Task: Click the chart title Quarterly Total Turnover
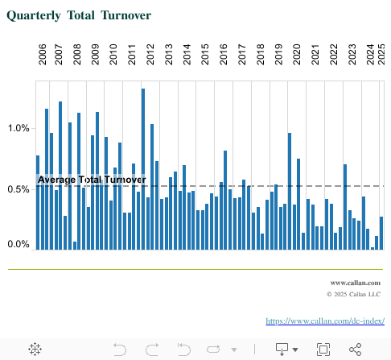tap(79, 15)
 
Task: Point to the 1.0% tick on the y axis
tap(18, 128)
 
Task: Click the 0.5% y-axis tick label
tap(18, 189)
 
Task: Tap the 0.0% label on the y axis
tap(18, 244)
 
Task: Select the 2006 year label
tap(43, 55)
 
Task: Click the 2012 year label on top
tap(150, 55)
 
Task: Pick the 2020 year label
tap(296, 55)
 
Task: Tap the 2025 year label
tap(381, 55)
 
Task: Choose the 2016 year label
tap(224, 55)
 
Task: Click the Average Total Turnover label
tap(92, 180)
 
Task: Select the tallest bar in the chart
tap(143, 168)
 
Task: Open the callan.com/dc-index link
tap(325, 321)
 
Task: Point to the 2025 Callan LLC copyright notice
tap(353, 295)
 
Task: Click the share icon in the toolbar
tap(355, 349)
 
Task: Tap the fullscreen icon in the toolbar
tap(323, 349)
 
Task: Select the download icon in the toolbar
tap(282, 349)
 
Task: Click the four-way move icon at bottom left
tap(35, 349)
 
